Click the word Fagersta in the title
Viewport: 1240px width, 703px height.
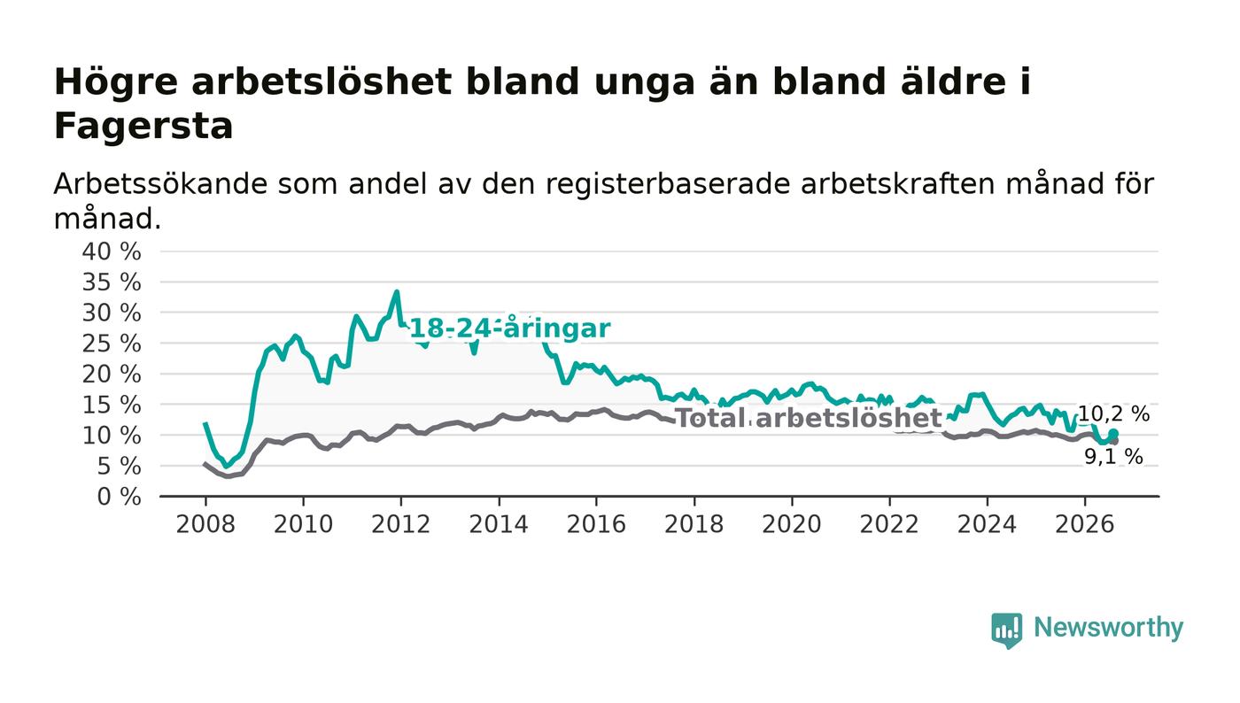[x=143, y=127]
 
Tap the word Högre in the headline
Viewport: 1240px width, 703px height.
[x=116, y=83]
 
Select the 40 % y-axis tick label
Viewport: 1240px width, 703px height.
[x=112, y=251]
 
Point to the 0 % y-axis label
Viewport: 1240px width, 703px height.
[x=119, y=497]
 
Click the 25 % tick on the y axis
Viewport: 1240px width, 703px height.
[x=112, y=344]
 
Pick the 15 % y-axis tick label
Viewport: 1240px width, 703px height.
[x=112, y=406]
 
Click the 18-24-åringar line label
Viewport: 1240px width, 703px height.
[x=510, y=328]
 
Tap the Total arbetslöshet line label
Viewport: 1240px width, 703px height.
[x=809, y=419]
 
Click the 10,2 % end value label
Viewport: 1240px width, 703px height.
[x=1114, y=414]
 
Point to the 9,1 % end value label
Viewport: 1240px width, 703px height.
[x=1113, y=457]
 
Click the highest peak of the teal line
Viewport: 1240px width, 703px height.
[x=397, y=291]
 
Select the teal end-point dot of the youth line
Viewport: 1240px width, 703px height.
[x=1114, y=433]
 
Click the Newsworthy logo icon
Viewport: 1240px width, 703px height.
[x=1007, y=630]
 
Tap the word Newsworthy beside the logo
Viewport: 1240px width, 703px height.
[x=1109, y=628]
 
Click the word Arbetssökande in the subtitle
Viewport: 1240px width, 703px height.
[x=160, y=184]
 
